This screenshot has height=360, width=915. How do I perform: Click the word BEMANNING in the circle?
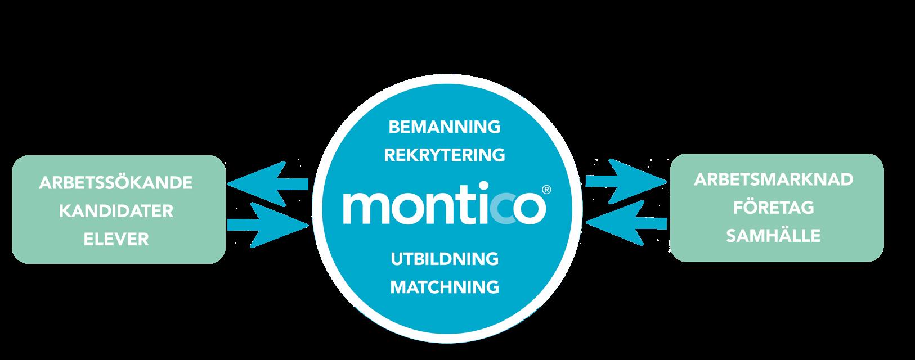(444, 127)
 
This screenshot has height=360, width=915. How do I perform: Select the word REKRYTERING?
(444, 155)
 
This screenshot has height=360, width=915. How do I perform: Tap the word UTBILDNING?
(444, 259)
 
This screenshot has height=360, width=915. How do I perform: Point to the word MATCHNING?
(444, 287)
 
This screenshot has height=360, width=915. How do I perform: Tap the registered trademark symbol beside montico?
(545, 191)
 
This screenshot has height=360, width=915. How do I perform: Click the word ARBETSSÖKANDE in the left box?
(115, 183)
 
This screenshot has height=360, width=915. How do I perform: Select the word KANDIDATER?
(115, 211)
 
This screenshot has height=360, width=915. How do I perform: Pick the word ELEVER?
(115, 240)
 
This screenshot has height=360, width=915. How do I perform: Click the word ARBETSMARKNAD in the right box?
(773, 180)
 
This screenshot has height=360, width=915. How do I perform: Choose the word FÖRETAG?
(773, 208)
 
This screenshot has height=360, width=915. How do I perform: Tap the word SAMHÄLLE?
(773, 236)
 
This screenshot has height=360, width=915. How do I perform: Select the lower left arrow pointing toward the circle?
(268, 224)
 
